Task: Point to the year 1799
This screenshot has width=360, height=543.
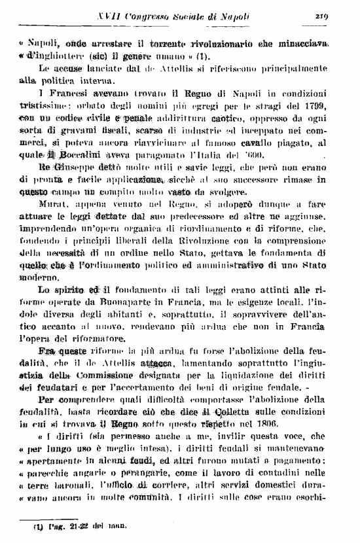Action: coord(329,105)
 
